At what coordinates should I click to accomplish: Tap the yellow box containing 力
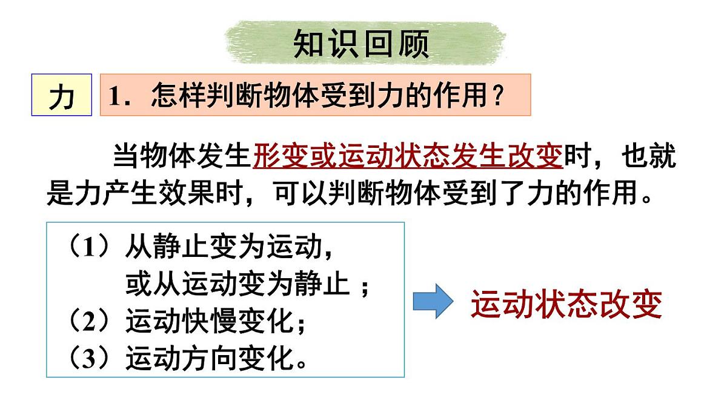(x=61, y=95)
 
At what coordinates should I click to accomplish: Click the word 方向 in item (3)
(x=209, y=358)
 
